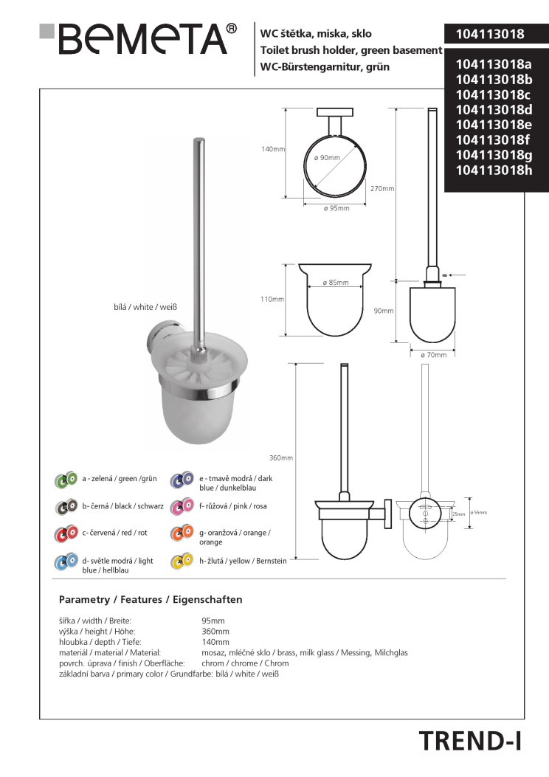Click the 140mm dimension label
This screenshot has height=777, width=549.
[273, 149]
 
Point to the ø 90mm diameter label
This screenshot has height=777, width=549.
[326, 158]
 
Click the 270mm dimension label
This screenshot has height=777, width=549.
[382, 189]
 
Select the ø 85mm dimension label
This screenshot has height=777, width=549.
[335, 283]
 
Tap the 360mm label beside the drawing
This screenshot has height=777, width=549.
[281, 458]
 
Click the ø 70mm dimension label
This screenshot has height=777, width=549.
[433, 355]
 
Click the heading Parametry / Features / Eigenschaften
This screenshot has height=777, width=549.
[150, 599]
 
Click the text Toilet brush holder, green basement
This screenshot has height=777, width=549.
[351, 50]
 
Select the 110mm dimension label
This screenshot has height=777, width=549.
[273, 300]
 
